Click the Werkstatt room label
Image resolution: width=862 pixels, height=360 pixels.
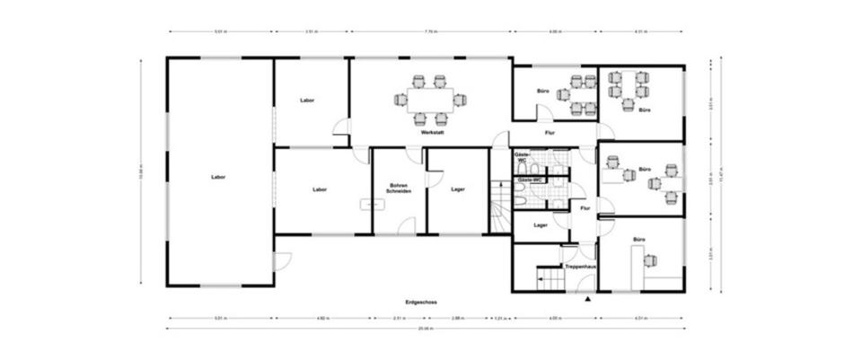[x=433, y=133]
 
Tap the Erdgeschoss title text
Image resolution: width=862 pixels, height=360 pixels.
[x=422, y=303]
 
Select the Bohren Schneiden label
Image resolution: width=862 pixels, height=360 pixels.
[x=399, y=189]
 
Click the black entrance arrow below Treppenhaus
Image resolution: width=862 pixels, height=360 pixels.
[x=587, y=298]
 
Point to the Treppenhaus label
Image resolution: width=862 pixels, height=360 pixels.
[x=581, y=267]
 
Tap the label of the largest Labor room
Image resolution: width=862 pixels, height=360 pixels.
[x=218, y=177]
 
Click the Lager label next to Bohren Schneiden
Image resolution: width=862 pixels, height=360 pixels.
[x=458, y=189]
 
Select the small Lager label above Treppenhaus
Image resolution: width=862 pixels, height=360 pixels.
[x=540, y=225]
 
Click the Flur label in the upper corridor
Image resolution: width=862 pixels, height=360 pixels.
[x=550, y=134]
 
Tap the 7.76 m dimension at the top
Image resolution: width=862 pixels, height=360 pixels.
[x=430, y=31]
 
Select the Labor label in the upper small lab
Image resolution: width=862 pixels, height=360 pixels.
[x=308, y=100]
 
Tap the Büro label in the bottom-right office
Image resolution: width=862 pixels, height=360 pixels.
[x=638, y=240]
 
